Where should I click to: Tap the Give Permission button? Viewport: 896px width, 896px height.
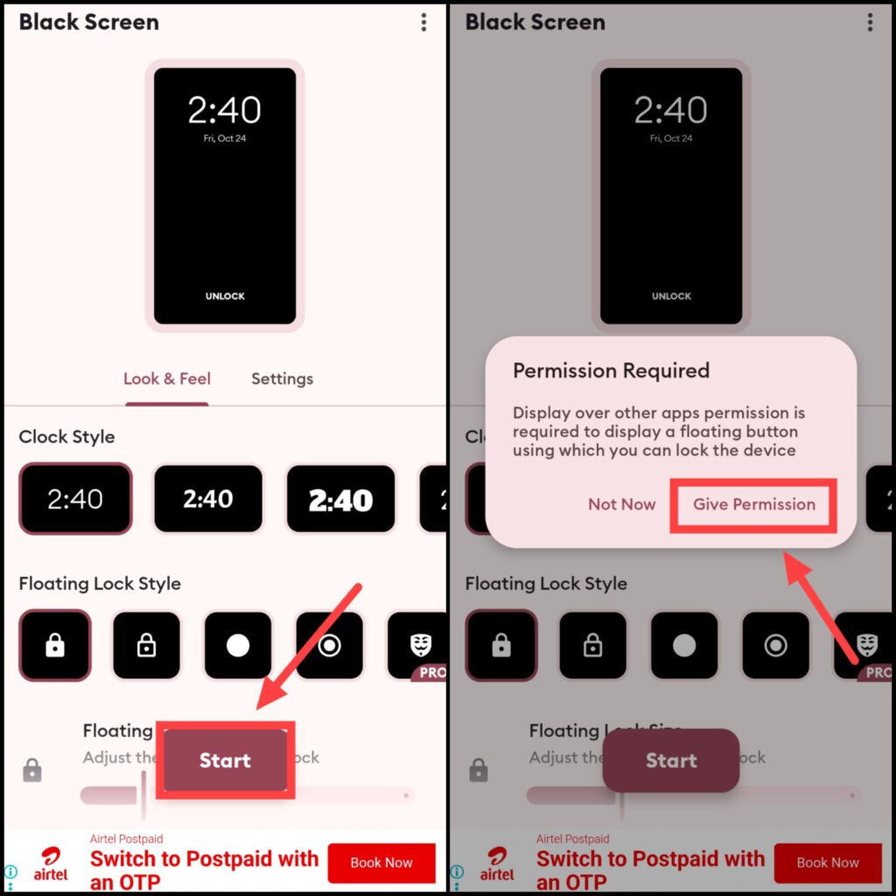point(753,505)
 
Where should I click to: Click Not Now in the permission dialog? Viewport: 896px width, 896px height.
point(621,505)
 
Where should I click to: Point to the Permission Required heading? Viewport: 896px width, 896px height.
point(611,371)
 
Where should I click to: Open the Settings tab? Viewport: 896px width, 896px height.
point(282,379)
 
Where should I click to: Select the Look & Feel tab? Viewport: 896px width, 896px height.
point(166,379)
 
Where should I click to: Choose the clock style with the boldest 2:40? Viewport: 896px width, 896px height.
point(341,500)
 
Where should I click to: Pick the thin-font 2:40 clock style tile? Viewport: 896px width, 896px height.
point(75,500)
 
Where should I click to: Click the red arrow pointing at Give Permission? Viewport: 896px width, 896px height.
point(822,607)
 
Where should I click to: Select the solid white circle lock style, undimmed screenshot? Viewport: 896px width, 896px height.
point(238,646)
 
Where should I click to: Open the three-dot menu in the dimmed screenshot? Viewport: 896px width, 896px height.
point(870,23)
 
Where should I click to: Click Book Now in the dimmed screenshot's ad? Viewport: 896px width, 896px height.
point(828,863)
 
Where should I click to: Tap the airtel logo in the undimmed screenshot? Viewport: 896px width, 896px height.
point(51,863)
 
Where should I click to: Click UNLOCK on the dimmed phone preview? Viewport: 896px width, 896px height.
point(671,297)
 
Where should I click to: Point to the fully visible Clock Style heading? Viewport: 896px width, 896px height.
point(66,437)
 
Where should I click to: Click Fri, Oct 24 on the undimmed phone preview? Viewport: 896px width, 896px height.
point(225,138)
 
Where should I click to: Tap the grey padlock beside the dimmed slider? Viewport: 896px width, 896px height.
point(479,770)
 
